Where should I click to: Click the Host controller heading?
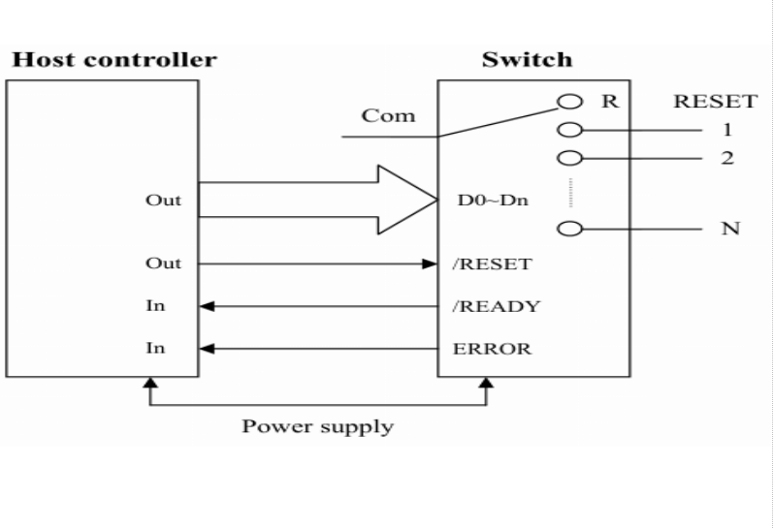(113, 60)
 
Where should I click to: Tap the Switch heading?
(527, 60)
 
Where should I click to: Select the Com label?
(388, 116)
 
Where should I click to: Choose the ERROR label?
(492, 349)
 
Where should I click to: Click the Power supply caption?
(318, 426)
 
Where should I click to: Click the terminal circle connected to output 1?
(571, 129)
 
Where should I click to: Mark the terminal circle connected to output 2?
(571, 158)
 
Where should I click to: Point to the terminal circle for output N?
(571, 229)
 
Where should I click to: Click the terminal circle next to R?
(571, 102)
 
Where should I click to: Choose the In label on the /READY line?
(155, 306)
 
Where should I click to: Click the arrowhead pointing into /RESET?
(429, 264)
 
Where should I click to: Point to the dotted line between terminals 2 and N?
(571, 192)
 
